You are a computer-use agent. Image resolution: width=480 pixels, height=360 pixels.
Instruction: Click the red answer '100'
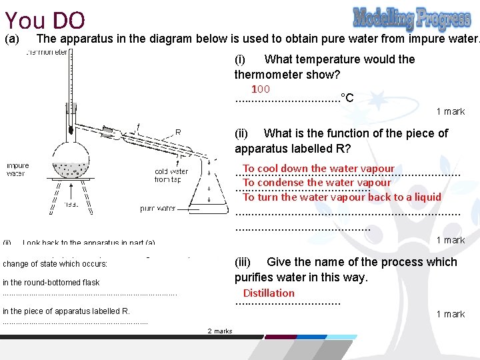coord(260,89)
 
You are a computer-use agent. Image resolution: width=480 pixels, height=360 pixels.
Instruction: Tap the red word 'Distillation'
coord(268,293)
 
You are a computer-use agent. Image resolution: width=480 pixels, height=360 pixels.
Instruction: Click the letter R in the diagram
coord(178,132)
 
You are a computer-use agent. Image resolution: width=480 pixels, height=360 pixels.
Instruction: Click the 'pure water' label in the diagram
coord(157,209)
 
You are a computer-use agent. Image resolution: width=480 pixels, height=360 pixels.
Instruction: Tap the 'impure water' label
coord(17,169)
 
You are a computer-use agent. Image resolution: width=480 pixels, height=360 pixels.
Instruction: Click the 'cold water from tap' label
coord(171,175)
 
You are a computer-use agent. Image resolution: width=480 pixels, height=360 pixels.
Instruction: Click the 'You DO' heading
coord(45,20)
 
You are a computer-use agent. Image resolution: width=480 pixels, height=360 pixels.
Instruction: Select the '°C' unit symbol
coord(347,99)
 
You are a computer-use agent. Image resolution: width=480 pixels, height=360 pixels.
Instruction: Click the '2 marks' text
coord(220,331)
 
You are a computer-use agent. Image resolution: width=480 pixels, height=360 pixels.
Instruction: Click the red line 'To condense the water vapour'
coord(317,183)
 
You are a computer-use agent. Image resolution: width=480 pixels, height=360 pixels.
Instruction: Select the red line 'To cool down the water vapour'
coord(319,169)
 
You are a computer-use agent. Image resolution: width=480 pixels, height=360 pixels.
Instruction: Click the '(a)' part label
coord(12,39)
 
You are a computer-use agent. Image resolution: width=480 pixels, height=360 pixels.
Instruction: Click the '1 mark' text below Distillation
coord(450,314)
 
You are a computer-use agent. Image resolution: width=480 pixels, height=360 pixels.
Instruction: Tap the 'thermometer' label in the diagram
coord(47,53)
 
